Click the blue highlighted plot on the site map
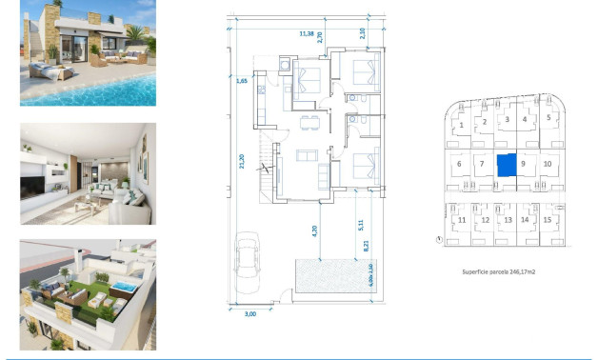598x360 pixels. coord(507,164)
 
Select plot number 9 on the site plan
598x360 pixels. coord(523,164)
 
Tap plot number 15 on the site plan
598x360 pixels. coord(548,220)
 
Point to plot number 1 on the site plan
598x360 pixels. coord(461,125)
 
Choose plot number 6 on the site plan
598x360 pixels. coord(459,164)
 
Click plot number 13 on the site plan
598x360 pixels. coord(508,220)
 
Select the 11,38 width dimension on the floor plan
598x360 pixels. coord(307,33)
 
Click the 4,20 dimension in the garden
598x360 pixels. coord(313,229)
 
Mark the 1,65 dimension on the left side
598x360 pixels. coord(242,82)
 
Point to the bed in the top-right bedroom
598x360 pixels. coord(361,71)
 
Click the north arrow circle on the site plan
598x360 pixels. coord(437,240)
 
